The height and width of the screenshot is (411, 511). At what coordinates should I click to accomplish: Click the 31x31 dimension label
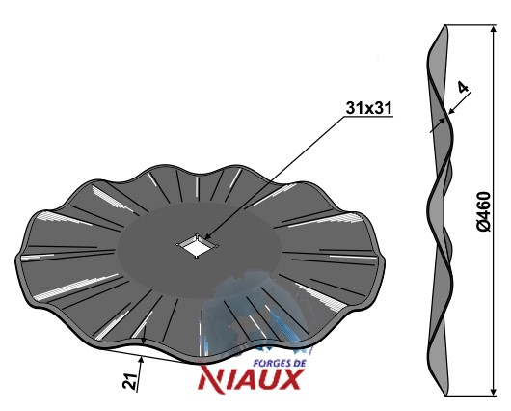point(369,108)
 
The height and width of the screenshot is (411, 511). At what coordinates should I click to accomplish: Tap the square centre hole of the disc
point(197,246)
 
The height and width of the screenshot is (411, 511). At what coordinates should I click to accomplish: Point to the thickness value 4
point(463,87)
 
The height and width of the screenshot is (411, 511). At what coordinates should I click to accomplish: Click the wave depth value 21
point(130,380)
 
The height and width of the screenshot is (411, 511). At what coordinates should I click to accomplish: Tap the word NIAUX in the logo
point(250,378)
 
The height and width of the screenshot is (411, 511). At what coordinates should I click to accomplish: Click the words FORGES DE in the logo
point(280,363)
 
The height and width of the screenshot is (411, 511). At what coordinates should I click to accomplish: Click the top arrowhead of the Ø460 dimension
point(494,28)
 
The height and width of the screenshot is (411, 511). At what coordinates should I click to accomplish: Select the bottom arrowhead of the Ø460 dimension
point(494,392)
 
